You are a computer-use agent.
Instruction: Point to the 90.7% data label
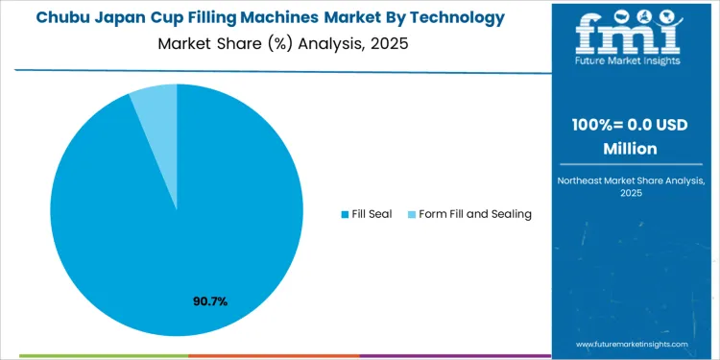tap(210, 301)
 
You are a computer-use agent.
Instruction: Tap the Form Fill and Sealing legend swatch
tap(411, 213)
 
